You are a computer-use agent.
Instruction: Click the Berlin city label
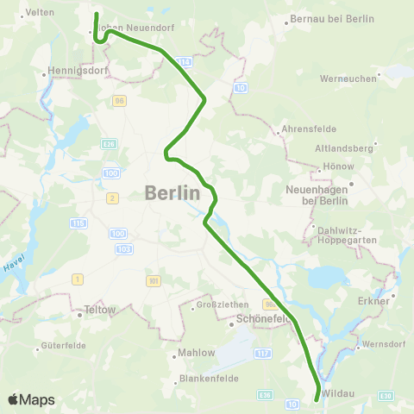tap(172, 192)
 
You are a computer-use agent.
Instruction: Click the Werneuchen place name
tap(348, 78)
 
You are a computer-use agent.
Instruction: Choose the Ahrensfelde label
tap(305, 131)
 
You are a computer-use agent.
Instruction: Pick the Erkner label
tap(373, 302)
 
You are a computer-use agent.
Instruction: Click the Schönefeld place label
tap(261, 318)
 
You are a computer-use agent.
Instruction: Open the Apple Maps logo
tap(31, 399)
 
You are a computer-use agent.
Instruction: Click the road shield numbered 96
tap(119, 101)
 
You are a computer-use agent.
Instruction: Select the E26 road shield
tap(109, 144)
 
